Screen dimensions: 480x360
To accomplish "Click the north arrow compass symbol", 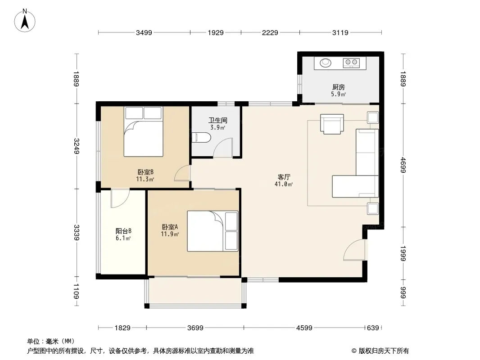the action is coord(25,21).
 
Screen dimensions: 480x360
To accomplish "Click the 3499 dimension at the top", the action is coord(144,32).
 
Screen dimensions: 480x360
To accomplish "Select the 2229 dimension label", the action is coord(270,32).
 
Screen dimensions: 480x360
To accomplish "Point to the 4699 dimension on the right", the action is coord(403,165).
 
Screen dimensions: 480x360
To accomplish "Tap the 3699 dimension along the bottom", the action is coord(195,328).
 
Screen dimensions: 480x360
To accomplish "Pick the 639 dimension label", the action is coord(373,328).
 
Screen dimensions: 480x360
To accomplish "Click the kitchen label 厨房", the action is coord(338,87).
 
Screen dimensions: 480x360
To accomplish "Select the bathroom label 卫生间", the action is coord(217,121).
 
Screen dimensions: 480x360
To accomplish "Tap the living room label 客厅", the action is coord(284,177).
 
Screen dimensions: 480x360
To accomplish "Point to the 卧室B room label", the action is coord(145,172).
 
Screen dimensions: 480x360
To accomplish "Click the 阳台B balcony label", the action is coord(123,231).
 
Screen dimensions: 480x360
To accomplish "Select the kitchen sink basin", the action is coord(326,63).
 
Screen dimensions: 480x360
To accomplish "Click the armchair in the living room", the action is coord(332,124).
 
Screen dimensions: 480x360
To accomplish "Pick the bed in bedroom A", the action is coord(213,231).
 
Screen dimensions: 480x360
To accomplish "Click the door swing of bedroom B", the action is coord(182,173).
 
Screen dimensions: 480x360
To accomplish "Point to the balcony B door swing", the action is coord(120,198).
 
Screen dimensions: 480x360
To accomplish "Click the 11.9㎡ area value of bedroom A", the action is coord(170,234).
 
